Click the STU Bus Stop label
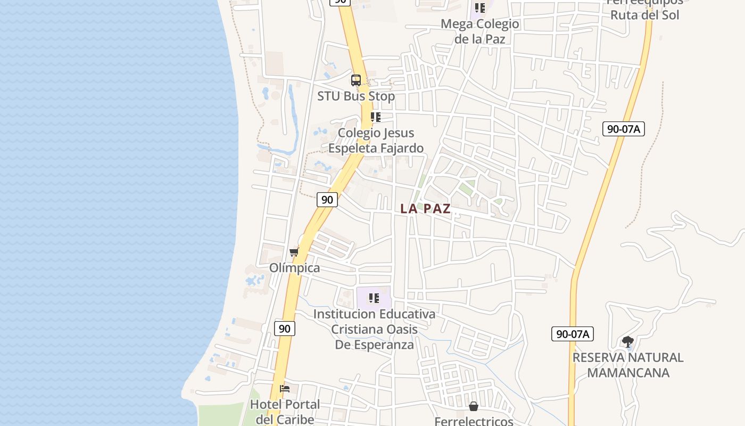tap(356, 96)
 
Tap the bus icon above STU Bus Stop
tap(356, 80)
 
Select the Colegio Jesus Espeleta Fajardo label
tap(376, 141)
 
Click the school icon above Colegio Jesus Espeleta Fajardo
tap(376, 117)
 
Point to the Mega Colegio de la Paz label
tap(480, 31)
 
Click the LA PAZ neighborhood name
tap(425, 209)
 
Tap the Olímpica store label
tap(295, 268)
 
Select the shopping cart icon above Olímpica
tap(294, 252)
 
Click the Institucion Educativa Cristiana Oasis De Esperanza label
tap(374, 329)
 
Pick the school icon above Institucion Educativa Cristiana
tap(374, 298)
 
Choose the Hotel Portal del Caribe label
tap(285, 412)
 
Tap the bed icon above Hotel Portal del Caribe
tap(285, 389)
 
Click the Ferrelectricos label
tap(474, 421)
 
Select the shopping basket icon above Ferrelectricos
tap(474, 406)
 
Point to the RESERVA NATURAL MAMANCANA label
tap(628, 365)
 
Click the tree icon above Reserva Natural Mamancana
tap(628, 341)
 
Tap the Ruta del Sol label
tap(644, 15)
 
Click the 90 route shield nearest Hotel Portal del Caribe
tap(285, 329)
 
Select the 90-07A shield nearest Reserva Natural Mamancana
tap(572, 334)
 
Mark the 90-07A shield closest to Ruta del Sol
tap(623, 128)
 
